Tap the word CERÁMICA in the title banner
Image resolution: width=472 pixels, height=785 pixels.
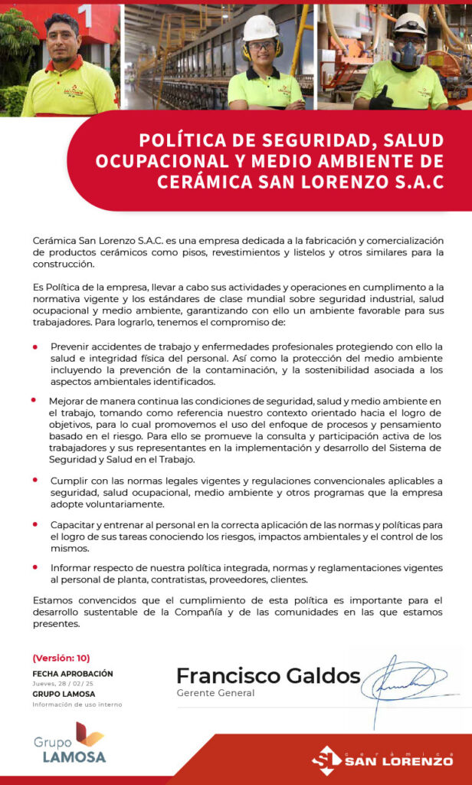pyautogui.click(x=202, y=182)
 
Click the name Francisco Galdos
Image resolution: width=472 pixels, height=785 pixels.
pyautogui.click(x=267, y=675)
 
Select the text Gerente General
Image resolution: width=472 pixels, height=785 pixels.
pyautogui.click(x=215, y=693)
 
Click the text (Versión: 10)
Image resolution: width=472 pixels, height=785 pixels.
pyautogui.click(x=61, y=658)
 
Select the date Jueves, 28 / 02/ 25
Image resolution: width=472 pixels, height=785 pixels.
pyautogui.click(x=63, y=683)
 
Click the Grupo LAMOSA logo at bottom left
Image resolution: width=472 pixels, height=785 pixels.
pyautogui.click(x=70, y=743)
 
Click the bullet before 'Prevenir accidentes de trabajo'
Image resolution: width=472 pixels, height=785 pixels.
pyautogui.click(x=35, y=347)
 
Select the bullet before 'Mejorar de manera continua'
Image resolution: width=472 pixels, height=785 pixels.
pyautogui.click(x=34, y=400)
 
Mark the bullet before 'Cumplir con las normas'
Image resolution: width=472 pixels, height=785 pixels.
pyautogui.click(x=35, y=480)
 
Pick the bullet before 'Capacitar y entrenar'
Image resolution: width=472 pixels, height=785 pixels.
pyautogui.click(x=35, y=524)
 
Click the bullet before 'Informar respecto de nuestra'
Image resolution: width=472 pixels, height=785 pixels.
pyautogui.click(x=35, y=567)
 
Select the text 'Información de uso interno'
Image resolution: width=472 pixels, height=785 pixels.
pyautogui.click(x=77, y=704)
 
